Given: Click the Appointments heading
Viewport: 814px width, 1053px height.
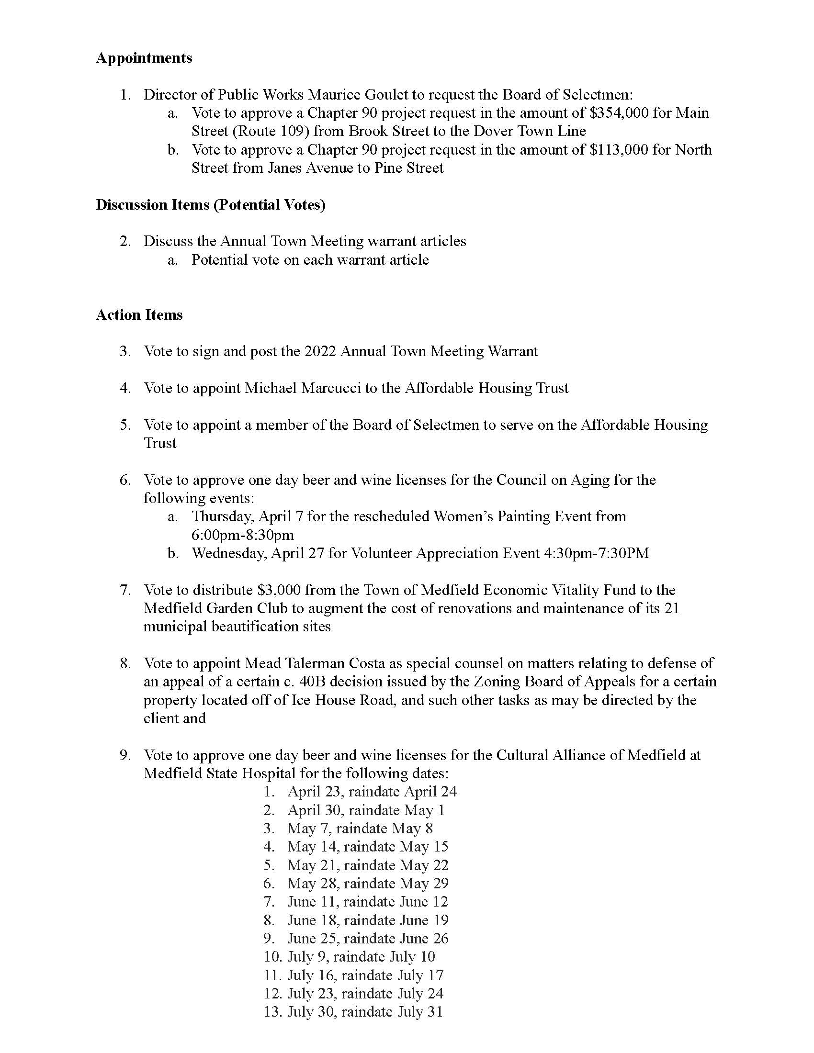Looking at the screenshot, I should click(144, 58).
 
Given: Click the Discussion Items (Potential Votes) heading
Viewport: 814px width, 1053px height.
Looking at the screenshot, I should click(211, 205).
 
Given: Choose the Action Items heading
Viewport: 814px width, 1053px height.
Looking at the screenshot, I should click(139, 315).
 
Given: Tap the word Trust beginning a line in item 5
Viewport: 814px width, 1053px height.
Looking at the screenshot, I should click(160, 443).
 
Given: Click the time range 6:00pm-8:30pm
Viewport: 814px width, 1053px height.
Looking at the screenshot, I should click(243, 535).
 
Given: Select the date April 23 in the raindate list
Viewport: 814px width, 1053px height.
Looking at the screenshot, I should click(314, 792).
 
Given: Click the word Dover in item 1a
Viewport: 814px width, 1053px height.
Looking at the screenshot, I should click(493, 131).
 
